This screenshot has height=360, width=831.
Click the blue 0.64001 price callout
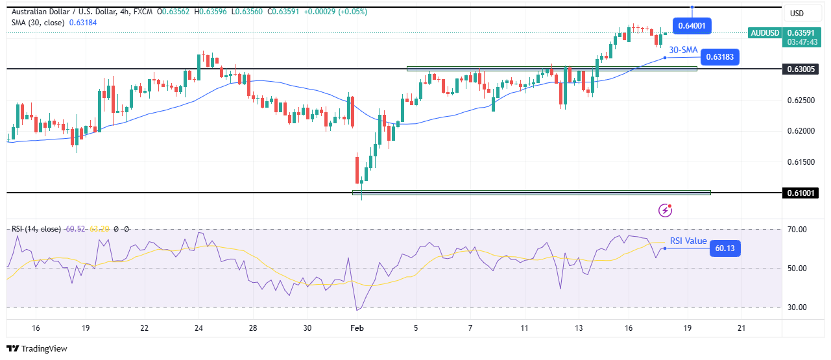pos(693,27)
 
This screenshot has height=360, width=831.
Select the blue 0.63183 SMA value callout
pos(718,57)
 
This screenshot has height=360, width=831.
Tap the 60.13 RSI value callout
pos(725,248)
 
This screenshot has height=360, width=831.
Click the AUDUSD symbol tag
pos(764,33)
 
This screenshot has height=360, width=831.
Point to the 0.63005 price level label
pos(802,69)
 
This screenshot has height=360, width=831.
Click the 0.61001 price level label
pos(802,193)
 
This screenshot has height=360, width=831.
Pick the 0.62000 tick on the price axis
pos(801,131)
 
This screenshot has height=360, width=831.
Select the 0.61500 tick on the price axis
pos(801,162)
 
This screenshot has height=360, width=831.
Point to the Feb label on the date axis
pos(357,328)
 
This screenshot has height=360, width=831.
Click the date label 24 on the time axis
pos(198,328)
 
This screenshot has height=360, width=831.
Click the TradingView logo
pos(37,349)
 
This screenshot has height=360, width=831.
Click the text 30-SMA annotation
pos(683,49)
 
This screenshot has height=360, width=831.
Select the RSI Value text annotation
pos(688,241)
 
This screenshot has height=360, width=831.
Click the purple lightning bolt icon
pos(665,210)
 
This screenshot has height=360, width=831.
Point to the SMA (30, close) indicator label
pos(38,22)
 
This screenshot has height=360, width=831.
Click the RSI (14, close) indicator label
pos(36,229)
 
